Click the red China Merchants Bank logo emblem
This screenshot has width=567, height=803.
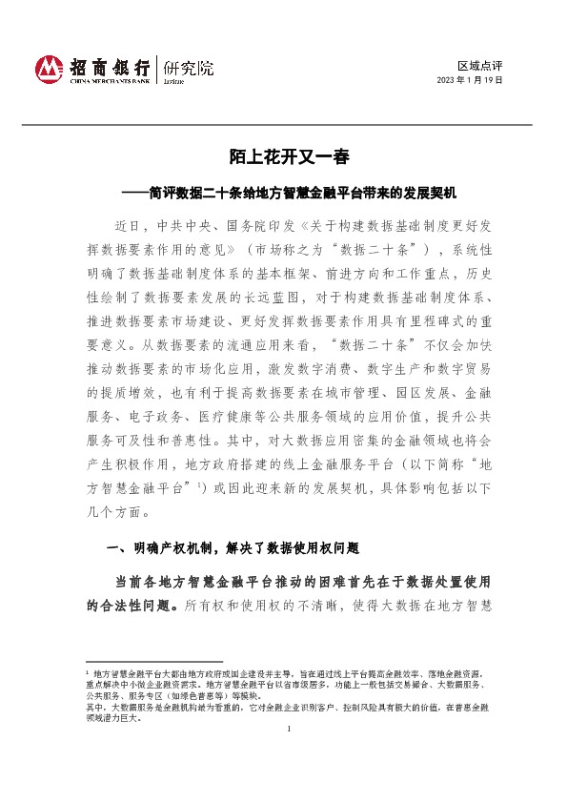click(49, 68)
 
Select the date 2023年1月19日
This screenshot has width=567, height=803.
click(469, 81)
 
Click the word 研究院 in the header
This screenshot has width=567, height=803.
click(189, 68)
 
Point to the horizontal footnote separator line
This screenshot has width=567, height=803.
click(153, 661)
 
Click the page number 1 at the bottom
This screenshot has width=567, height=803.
click(287, 730)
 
